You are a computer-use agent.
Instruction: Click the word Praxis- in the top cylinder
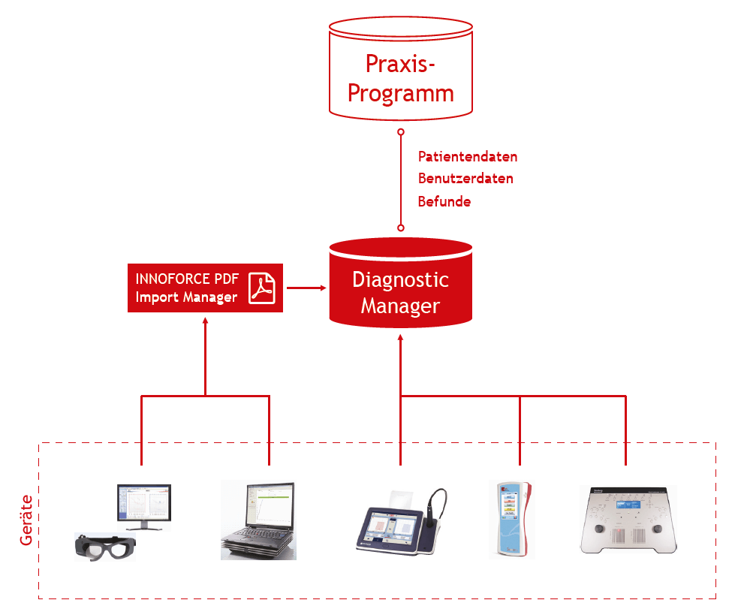pyautogui.click(x=400, y=64)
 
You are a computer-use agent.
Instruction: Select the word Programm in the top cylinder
pyautogui.click(x=401, y=94)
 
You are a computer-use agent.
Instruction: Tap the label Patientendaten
pyautogui.click(x=467, y=156)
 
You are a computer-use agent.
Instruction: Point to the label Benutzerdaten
pyautogui.click(x=465, y=179)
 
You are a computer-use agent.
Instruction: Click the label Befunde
pyautogui.click(x=444, y=201)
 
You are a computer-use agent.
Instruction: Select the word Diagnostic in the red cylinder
pyautogui.click(x=401, y=279)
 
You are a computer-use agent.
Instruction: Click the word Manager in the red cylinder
pyautogui.click(x=400, y=306)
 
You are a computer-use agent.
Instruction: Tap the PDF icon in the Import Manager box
pyautogui.click(x=262, y=288)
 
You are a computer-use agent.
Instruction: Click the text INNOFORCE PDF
pyautogui.click(x=187, y=279)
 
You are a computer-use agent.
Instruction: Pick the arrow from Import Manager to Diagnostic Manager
pyautogui.click(x=306, y=288)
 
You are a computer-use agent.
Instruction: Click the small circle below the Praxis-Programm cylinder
pyautogui.click(x=401, y=132)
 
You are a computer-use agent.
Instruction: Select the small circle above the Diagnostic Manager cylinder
pyautogui.click(x=401, y=228)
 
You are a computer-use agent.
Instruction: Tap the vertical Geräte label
pyautogui.click(x=26, y=520)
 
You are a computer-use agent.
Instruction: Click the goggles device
pyautogui.click(x=105, y=547)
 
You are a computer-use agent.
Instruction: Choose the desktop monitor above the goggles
pyautogui.click(x=144, y=507)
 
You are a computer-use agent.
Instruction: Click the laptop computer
pyautogui.click(x=258, y=520)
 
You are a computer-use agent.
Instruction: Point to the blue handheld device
pyautogui.click(x=511, y=519)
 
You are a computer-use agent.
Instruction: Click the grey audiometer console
pyautogui.click(x=628, y=520)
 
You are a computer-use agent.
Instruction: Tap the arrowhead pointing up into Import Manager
pyautogui.click(x=205, y=321)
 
